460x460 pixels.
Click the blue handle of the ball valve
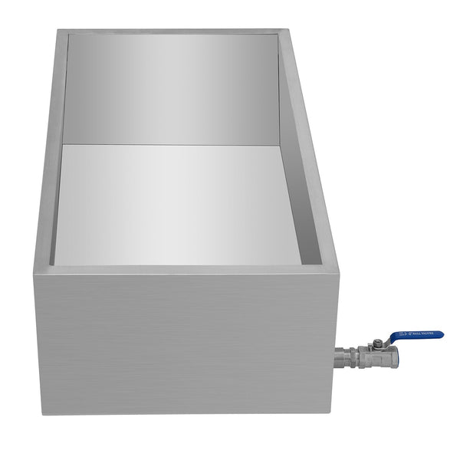[x=418, y=336]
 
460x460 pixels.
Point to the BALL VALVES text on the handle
[x=424, y=335]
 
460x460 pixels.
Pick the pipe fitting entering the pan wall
[x=342, y=356]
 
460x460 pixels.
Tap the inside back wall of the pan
[x=172, y=88]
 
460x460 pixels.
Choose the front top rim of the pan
[x=184, y=268]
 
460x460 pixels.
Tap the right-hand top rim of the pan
[x=310, y=146]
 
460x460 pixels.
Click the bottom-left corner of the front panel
[x=42, y=412]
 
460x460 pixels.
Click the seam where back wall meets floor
[x=172, y=143]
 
